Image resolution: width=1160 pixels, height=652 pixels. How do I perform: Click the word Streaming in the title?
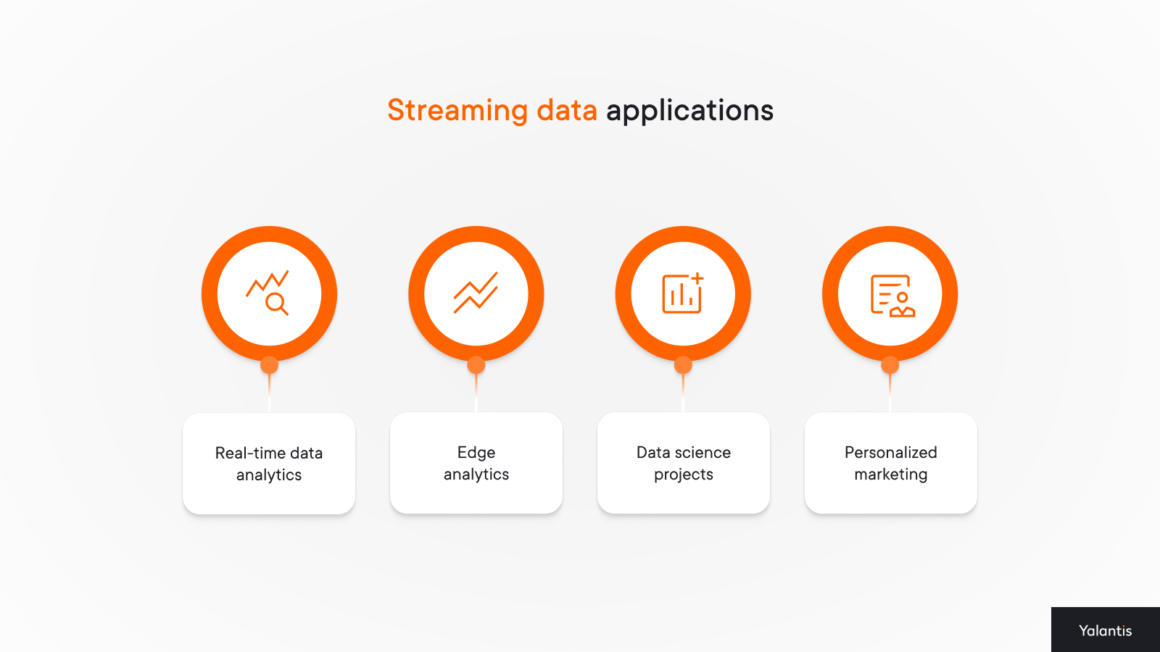(457, 111)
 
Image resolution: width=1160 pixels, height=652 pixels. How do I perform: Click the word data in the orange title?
(566, 110)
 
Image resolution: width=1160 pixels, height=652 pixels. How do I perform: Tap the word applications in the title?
(689, 112)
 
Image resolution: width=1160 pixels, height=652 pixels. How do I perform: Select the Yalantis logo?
(1105, 630)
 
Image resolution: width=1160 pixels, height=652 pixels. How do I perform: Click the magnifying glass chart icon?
(268, 293)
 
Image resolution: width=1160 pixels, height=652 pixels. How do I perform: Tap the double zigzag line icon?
(476, 293)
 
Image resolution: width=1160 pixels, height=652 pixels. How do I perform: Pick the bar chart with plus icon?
(683, 293)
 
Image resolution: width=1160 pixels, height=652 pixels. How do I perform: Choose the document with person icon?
(892, 296)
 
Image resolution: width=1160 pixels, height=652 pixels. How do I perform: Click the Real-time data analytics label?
(269, 464)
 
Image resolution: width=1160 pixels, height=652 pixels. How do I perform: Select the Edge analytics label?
(476, 463)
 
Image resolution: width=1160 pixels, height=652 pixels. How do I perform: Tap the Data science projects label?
(684, 463)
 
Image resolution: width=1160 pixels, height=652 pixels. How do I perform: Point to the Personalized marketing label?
(891, 463)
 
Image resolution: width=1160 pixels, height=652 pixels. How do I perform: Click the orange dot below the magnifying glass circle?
(269, 365)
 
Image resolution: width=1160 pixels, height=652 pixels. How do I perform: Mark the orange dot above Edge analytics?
(476, 365)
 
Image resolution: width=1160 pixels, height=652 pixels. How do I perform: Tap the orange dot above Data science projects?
(683, 365)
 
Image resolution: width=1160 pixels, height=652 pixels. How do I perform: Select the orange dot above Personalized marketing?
(890, 365)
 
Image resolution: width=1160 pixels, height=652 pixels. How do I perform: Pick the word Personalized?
(891, 452)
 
